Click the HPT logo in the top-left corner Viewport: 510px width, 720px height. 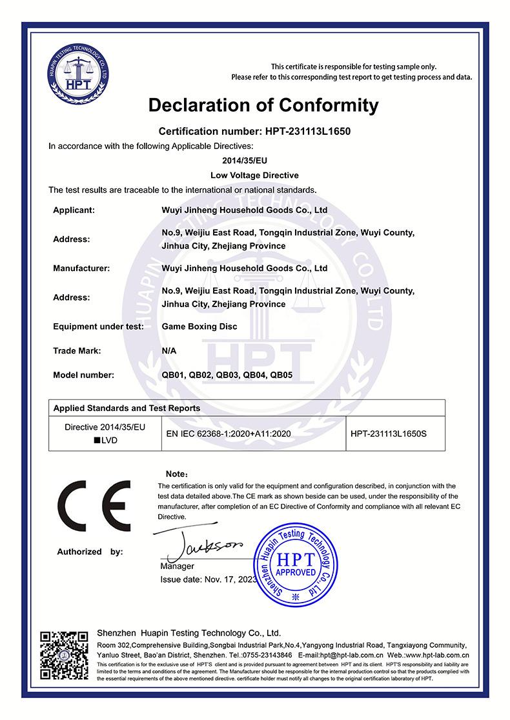pyautogui.click(x=76, y=76)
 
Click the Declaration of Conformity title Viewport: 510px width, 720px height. pyautogui.click(x=263, y=105)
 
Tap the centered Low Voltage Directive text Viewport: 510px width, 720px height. pyautogui.click(x=255, y=175)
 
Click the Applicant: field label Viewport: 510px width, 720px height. pyautogui.click(x=74, y=210)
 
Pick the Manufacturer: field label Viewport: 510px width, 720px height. pyautogui.click(x=81, y=268)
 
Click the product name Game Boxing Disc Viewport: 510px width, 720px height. pyautogui.click(x=199, y=326)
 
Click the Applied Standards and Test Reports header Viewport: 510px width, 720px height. pyautogui.click(x=127, y=408)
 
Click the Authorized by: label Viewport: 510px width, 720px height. pyautogui.click(x=90, y=552)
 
